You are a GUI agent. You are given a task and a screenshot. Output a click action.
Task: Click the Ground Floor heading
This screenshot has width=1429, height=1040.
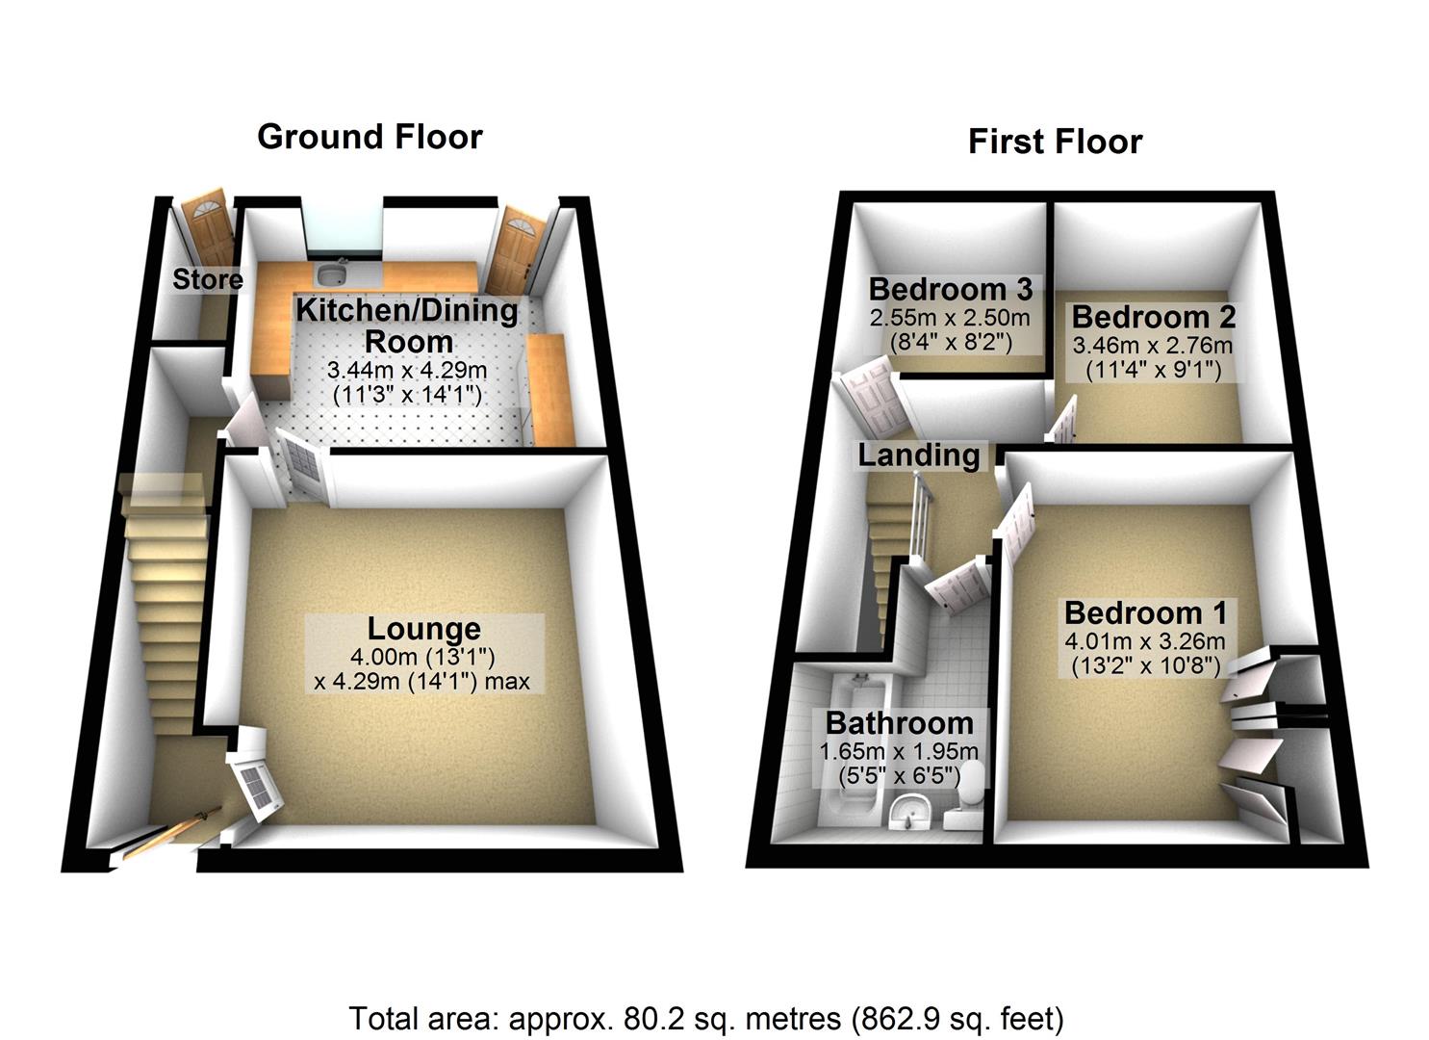tap(370, 137)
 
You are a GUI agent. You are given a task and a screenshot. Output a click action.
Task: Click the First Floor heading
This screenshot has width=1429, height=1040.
tap(1055, 142)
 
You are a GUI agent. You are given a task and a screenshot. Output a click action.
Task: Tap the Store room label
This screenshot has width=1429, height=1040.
tap(207, 279)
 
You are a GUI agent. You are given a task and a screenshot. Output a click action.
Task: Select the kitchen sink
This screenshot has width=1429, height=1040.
tap(333, 274)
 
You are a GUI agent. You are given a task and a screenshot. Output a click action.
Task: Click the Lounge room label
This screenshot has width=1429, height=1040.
tap(423, 629)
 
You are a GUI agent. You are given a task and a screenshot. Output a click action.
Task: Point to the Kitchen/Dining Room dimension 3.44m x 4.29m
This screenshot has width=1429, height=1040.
tap(406, 370)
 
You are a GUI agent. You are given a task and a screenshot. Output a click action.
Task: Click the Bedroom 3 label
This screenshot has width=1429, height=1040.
tap(950, 289)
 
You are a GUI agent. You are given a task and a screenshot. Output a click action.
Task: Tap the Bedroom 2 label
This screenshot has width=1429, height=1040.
tap(1153, 317)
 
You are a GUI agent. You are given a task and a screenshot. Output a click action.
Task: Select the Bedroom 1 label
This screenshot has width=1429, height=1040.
tap(1144, 612)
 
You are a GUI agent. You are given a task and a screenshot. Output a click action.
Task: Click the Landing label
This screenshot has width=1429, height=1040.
tap(918, 455)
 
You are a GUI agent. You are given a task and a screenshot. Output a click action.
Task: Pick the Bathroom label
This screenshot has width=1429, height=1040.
tap(899, 722)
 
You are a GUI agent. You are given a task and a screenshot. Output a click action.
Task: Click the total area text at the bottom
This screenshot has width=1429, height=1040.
tap(705, 1018)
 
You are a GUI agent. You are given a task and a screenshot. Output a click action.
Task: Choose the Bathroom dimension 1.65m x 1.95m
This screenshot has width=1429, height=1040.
tap(899, 751)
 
